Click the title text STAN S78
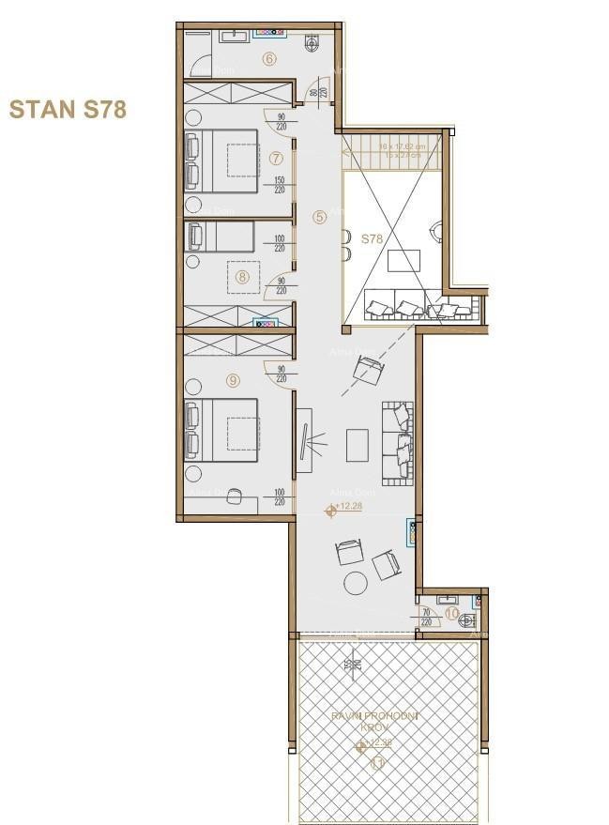tap(67, 109)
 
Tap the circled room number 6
tap(269, 59)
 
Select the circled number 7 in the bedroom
tap(275, 158)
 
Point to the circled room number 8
tap(242, 276)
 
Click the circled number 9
tap(233, 380)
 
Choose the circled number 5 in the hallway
tap(320, 216)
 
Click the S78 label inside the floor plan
tap(373, 239)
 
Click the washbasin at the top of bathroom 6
tap(234, 37)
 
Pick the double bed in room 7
tap(222, 160)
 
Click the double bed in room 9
tap(222, 429)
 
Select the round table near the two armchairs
tap(357, 582)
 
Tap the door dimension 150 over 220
tap(280, 185)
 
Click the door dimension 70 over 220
tap(427, 616)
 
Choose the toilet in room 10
tap(474, 617)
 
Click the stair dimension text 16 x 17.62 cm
tap(403, 146)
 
